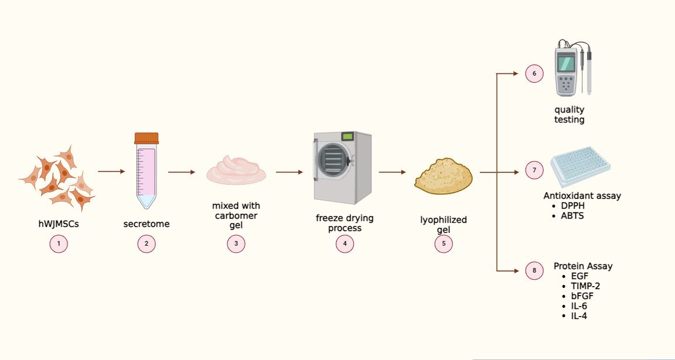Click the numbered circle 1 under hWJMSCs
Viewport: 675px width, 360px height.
(x=59, y=244)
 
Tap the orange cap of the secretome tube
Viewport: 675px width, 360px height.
(x=146, y=138)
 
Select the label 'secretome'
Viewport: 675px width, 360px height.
(x=146, y=224)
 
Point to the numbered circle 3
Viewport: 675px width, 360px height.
(x=236, y=244)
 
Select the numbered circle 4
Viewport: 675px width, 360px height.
(x=345, y=244)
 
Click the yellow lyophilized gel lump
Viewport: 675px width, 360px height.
(x=443, y=175)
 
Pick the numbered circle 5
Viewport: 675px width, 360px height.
(x=444, y=244)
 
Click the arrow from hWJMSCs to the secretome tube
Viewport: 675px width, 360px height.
(x=111, y=172)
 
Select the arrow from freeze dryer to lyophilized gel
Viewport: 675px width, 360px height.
(x=392, y=172)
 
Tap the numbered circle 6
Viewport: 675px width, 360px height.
(x=534, y=74)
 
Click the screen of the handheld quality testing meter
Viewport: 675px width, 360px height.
(x=566, y=62)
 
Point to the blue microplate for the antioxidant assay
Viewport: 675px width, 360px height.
(x=580, y=167)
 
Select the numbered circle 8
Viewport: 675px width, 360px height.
(x=534, y=271)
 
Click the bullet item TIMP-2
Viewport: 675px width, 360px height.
(x=585, y=286)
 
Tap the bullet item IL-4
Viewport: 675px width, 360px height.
(x=579, y=316)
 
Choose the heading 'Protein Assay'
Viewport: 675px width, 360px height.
(x=583, y=266)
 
